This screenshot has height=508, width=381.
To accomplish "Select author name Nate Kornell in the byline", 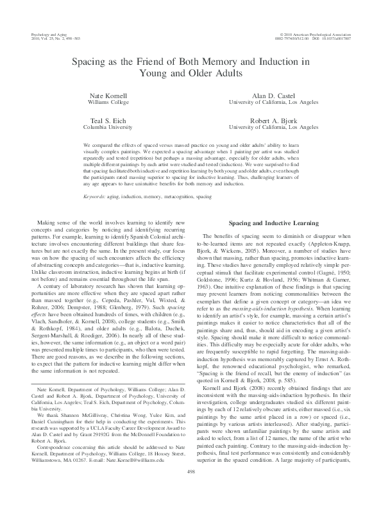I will coord(108,95).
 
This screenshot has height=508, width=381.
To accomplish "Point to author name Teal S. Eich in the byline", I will coord(108,120).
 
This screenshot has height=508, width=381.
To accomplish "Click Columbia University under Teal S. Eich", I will coord(108,127).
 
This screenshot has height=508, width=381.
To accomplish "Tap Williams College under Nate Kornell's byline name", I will coord(108,102).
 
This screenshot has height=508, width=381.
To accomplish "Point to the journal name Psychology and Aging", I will coord(50,32).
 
